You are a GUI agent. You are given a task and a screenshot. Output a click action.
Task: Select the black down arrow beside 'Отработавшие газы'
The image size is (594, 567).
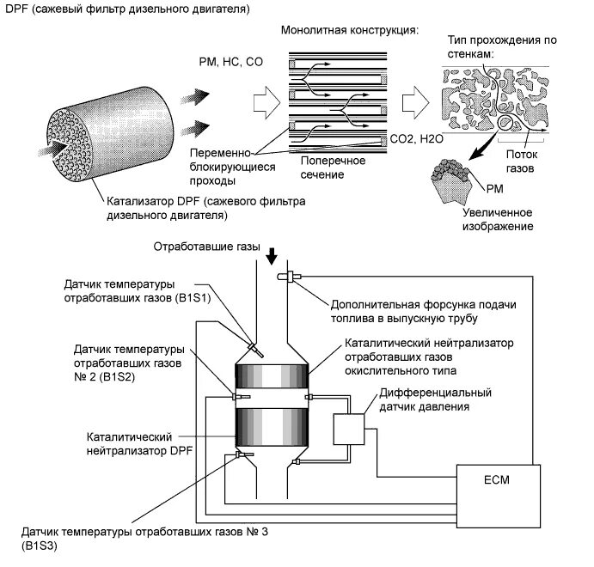[273, 255]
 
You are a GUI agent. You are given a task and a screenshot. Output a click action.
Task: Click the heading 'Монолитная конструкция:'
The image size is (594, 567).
[349, 31]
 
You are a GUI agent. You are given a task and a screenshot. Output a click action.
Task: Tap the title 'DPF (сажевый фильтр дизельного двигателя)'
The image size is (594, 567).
[127, 9]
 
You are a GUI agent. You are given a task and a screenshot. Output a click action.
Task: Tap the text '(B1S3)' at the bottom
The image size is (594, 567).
[34, 545]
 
